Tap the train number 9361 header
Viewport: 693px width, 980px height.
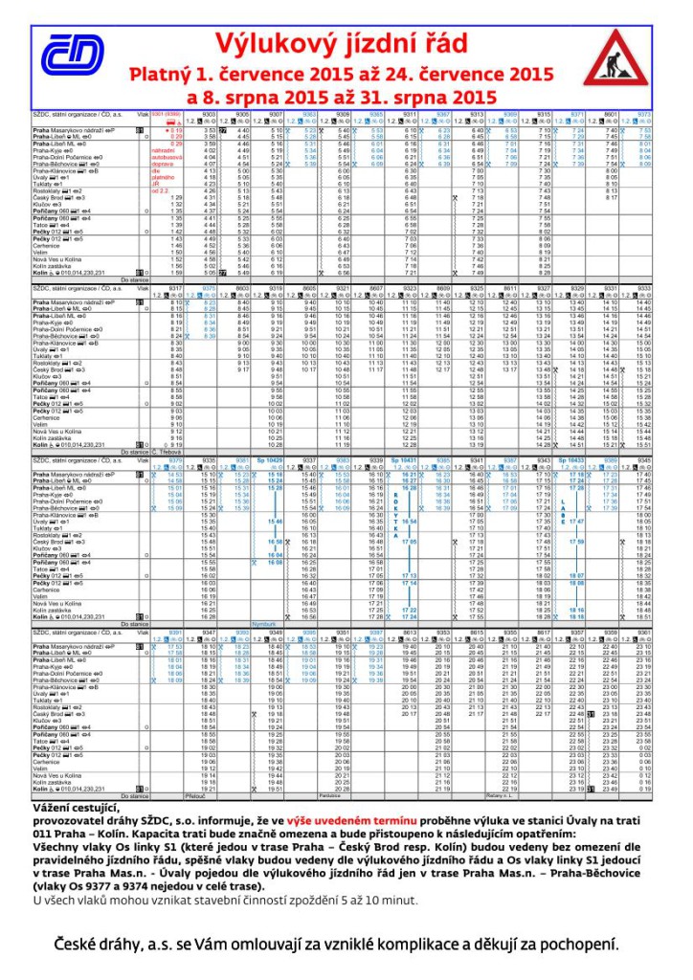[643, 633]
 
